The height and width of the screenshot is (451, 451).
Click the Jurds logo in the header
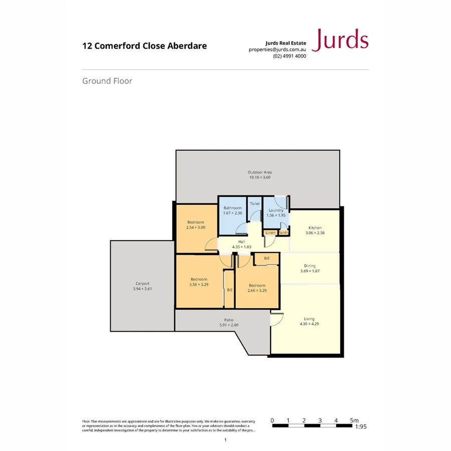[x=340, y=41]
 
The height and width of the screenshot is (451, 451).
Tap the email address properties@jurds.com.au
[x=277, y=50]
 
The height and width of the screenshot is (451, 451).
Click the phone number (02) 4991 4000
[x=289, y=56]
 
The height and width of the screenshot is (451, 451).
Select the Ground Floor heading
[x=107, y=81]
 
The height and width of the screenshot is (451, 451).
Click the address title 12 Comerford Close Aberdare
[x=144, y=46]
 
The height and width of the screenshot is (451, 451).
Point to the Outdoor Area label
[x=260, y=172]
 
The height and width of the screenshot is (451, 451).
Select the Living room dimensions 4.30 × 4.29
[x=309, y=324]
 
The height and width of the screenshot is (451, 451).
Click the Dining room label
[x=310, y=266]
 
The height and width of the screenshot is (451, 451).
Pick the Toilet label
[x=255, y=204]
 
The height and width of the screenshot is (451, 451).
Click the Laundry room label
[x=276, y=210]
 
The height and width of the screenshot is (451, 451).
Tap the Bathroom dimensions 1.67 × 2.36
[x=233, y=213]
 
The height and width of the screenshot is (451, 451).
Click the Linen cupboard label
[x=270, y=233]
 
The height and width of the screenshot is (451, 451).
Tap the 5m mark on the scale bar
[x=354, y=420]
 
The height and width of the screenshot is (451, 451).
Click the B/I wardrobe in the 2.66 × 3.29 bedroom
[x=267, y=259]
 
